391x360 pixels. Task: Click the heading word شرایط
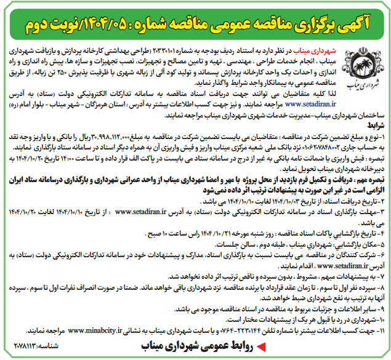pos(369,123)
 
